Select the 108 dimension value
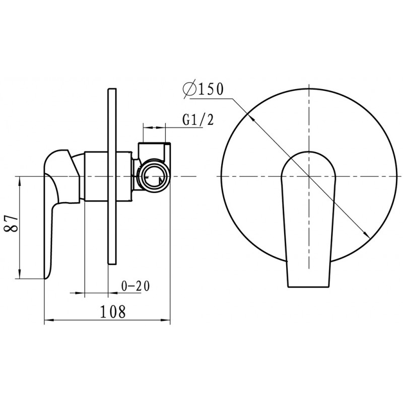(x=112, y=311)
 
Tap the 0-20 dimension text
(x=135, y=286)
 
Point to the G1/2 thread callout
(x=198, y=119)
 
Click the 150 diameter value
(x=210, y=89)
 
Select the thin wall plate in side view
(x=112, y=176)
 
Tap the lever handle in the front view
(x=309, y=219)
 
